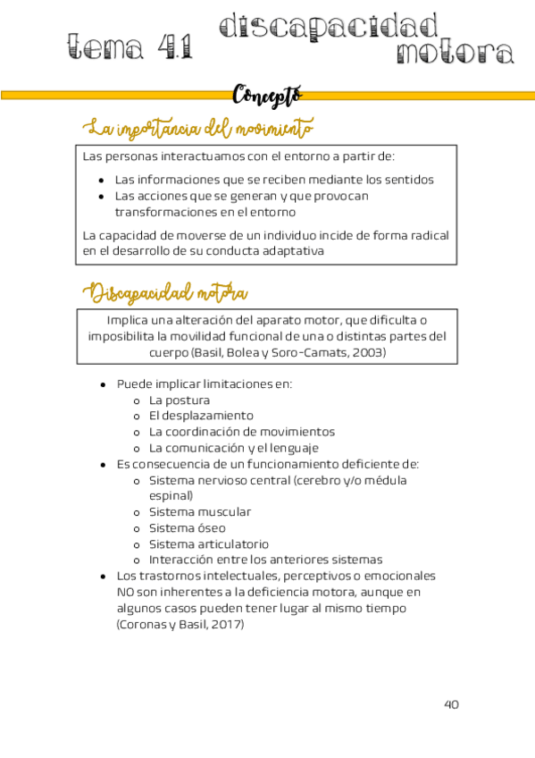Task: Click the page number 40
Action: (x=451, y=704)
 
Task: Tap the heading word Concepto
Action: (x=267, y=94)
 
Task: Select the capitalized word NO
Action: (x=126, y=592)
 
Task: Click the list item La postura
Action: (x=180, y=400)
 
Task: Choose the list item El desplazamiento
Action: (x=201, y=416)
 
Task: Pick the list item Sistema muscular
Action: (x=200, y=512)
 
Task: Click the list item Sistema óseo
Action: (x=188, y=528)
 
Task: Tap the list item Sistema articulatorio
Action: (x=209, y=544)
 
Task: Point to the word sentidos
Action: (x=407, y=179)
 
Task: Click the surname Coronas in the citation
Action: (x=146, y=624)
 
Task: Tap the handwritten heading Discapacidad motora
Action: (x=166, y=293)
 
